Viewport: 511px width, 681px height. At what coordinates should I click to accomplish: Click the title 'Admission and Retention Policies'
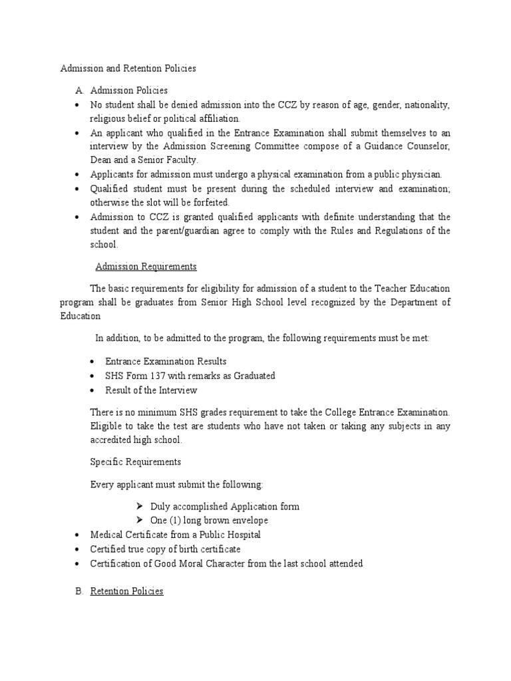128,68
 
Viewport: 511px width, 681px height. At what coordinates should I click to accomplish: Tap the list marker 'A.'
79,90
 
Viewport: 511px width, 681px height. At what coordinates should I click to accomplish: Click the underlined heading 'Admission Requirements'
146,267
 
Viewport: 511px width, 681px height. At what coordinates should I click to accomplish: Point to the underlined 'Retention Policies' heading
126,591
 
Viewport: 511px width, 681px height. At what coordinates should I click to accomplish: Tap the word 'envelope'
248,521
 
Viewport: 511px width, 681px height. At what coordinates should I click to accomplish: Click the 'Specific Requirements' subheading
135,462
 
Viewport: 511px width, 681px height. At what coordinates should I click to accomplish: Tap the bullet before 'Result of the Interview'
93,390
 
